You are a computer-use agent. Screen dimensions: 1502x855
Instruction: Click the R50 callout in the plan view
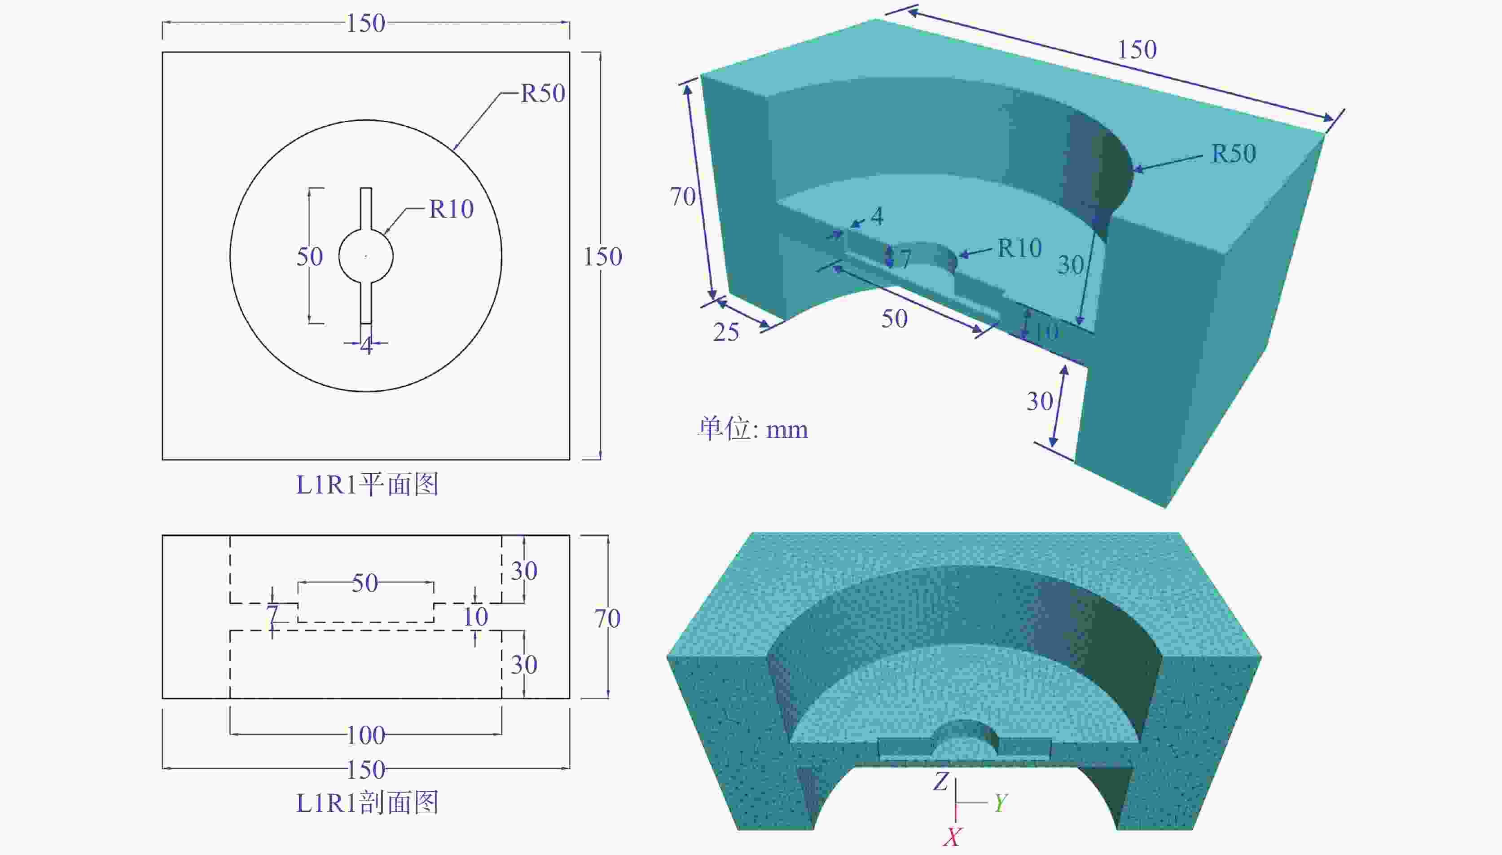[543, 93]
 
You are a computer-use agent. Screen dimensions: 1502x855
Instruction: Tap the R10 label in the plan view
[451, 209]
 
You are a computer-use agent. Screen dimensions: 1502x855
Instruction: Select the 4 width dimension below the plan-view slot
[366, 345]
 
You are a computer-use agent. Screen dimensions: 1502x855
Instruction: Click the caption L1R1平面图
[367, 485]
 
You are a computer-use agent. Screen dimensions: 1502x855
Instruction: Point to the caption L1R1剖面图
[367, 803]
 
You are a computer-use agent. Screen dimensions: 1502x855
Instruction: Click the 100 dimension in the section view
[366, 735]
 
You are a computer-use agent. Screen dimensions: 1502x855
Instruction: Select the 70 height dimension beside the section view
[607, 618]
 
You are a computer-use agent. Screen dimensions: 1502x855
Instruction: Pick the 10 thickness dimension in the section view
[475, 617]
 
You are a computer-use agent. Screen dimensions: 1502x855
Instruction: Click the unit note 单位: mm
[752, 429]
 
